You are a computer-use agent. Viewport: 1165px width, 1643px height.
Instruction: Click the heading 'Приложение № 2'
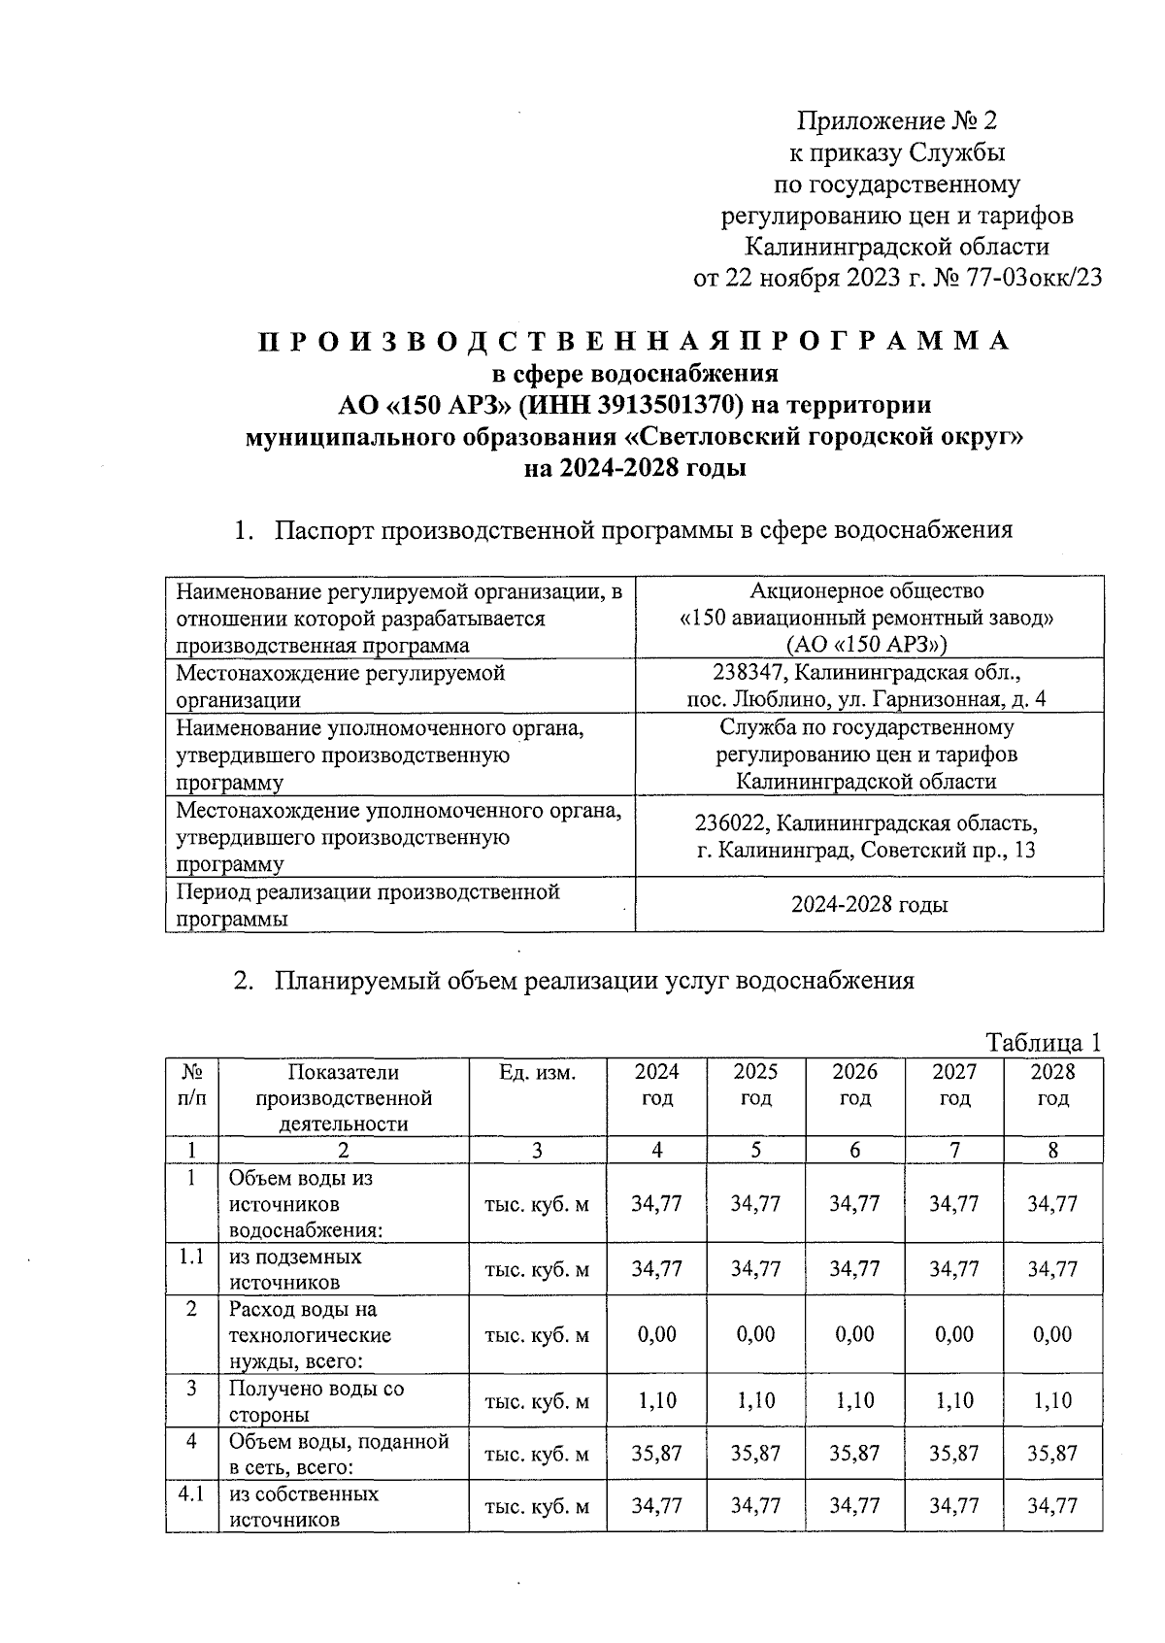click(x=897, y=121)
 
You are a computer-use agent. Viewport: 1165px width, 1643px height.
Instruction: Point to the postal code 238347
click(x=746, y=672)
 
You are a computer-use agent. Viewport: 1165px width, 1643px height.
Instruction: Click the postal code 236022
click(x=733, y=824)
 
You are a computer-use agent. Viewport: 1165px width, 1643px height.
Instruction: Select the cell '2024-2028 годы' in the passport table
click(x=869, y=905)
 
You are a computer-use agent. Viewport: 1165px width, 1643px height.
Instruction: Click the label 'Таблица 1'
click(x=1044, y=1043)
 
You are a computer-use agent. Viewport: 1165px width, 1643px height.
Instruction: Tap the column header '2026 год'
click(x=854, y=1085)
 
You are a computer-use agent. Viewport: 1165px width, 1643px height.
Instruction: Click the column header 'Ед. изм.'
click(x=537, y=1072)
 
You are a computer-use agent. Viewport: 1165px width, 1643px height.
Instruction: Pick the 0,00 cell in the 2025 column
click(x=755, y=1334)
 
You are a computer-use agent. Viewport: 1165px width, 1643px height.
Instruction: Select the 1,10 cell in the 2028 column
click(x=1052, y=1400)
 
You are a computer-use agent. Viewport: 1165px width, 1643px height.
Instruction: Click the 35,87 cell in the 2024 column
click(x=656, y=1454)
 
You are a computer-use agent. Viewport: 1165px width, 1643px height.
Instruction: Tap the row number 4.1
click(x=191, y=1493)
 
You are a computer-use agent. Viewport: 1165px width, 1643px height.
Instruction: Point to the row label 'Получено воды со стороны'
click(x=316, y=1401)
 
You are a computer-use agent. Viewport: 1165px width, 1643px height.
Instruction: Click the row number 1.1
click(x=191, y=1257)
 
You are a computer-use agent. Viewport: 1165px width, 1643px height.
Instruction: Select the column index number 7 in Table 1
click(x=954, y=1151)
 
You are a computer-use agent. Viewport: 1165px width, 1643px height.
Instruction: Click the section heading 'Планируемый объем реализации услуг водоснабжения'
click(x=594, y=980)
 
